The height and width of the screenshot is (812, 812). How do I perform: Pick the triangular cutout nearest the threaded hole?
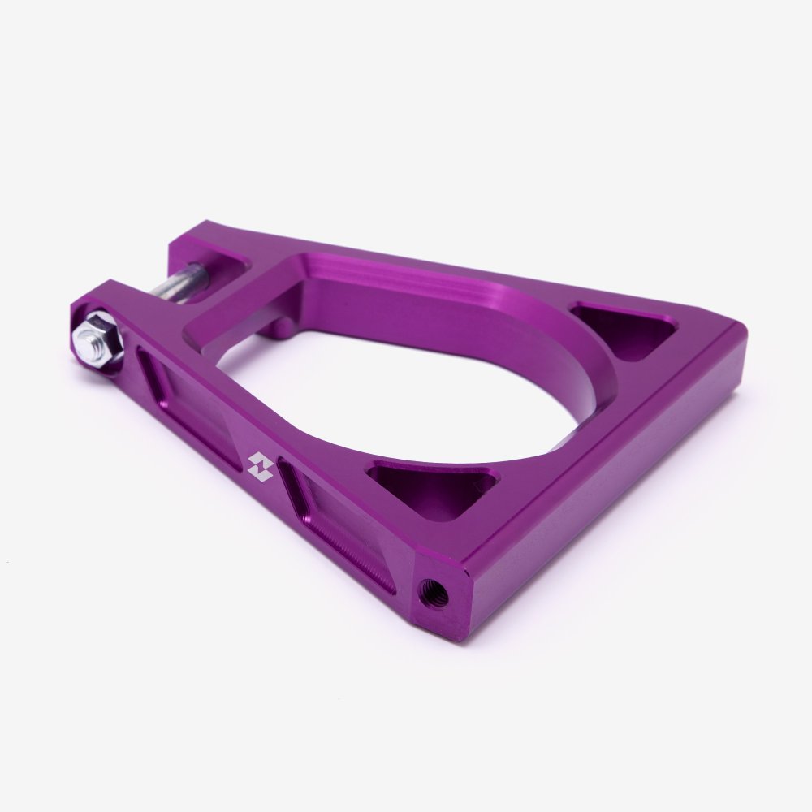(434, 488)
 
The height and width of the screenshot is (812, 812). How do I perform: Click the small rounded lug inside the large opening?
(280, 328)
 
